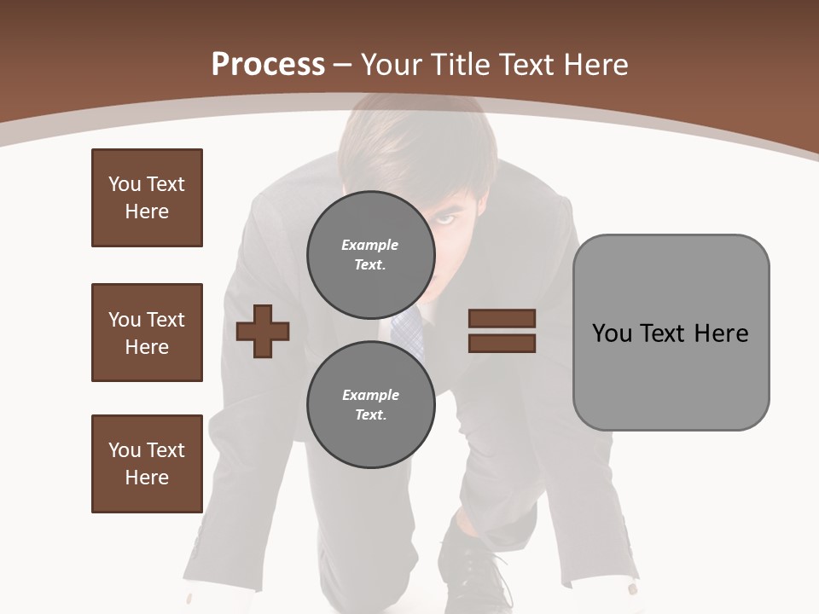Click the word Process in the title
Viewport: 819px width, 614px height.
click(268, 64)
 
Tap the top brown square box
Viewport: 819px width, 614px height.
click(147, 198)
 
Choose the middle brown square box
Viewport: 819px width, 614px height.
click(147, 333)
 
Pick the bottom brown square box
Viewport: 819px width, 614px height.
click(147, 464)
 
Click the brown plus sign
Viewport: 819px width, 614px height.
click(263, 330)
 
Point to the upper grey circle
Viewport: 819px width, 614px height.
click(370, 254)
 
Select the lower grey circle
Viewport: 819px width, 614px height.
click(370, 404)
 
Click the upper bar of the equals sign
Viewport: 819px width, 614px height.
click(502, 318)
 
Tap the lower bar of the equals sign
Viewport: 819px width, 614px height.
click(502, 343)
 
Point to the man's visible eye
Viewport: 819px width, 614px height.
click(447, 220)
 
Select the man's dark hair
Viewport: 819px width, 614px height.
click(409, 145)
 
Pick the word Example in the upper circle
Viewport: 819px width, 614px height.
click(370, 245)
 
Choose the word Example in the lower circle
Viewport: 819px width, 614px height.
click(370, 395)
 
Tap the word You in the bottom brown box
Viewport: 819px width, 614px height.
click(124, 450)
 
